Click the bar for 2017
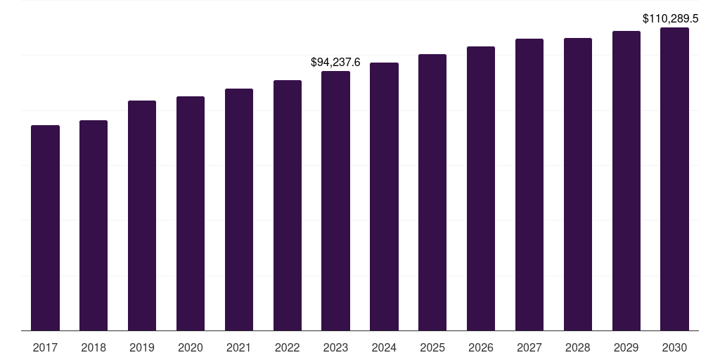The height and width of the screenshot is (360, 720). (x=45, y=228)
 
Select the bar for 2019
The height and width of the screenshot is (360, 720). (x=142, y=215)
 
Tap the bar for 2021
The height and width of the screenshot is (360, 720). (x=239, y=210)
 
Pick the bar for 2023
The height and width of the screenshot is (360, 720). (x=335, y=200)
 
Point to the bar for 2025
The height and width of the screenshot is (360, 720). (x=432, y=192)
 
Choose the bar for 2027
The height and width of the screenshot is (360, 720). (x=529, y=184)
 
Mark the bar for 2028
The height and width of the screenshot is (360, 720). (x=578, y=184)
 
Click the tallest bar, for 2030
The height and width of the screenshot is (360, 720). (x=674, y=179)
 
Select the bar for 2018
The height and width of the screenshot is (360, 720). (x=94, y=225)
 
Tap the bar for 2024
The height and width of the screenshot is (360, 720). (x=384, y=196)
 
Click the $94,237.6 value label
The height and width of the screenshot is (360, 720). (x=335, y=63)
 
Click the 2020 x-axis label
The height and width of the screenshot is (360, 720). (x=191, y=347)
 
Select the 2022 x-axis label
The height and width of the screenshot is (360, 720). (x=288, y=347)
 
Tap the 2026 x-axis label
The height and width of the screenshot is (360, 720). (x=481, y=347)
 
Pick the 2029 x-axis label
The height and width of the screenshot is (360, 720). (x=626, y=347)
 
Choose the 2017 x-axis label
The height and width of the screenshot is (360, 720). (x=45, y=347)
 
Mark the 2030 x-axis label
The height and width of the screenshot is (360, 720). (x=674, y=347)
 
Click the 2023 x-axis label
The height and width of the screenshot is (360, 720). (x=335, y=347)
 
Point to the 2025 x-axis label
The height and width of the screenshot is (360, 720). (x=432, y=347)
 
